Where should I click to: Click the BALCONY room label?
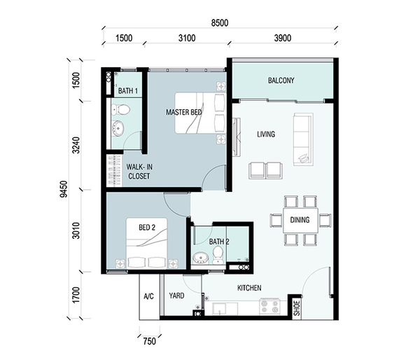(281, 81)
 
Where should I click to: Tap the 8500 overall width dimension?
(220, 23)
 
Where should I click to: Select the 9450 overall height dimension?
(64, 189)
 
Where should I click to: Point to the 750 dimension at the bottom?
(149, 342)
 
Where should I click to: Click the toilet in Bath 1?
(121, 109)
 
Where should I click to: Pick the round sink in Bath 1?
(118, 128)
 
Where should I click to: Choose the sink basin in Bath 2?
(201, 257)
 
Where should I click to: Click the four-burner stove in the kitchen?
(269, 306)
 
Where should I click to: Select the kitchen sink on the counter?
(225, 309)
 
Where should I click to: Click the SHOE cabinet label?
(297, 308)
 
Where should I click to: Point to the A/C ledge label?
(148, 296)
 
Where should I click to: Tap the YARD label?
(176, 296)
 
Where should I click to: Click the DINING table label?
(300, 220)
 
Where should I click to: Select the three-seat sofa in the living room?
(303, 139)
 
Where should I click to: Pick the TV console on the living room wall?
(237, 137)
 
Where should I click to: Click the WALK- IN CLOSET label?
(139, 172)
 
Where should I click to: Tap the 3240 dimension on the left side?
(76, 145)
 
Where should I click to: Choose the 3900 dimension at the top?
(283, 38)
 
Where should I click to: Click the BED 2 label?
(147, 228)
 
